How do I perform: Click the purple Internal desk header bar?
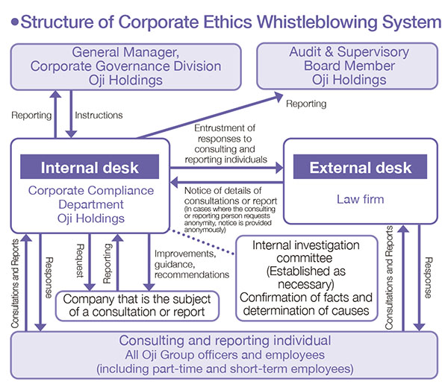90,167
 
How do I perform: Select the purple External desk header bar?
360,167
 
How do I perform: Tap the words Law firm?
361,199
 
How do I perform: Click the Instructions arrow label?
99,115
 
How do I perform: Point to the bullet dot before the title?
15,22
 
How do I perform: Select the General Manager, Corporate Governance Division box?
125,67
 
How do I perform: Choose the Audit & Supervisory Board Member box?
347,66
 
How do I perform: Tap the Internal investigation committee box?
307,278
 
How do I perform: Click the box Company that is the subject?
137,306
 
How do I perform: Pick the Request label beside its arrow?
81,260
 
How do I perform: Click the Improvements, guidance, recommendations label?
192,264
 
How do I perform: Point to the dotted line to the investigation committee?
202,242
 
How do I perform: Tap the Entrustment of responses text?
225,144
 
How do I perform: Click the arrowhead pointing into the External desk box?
279,168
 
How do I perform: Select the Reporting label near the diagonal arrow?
306,104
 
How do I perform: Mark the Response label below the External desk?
429,277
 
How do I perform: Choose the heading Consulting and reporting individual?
225,340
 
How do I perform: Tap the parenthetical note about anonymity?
230,219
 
